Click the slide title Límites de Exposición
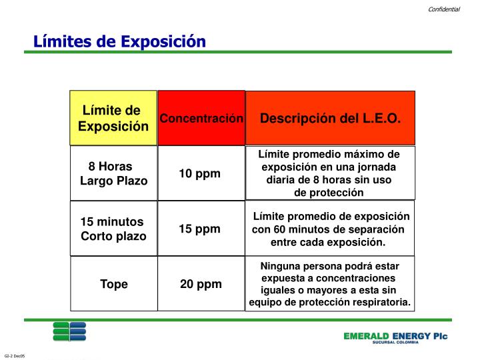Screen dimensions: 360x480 (120, 41)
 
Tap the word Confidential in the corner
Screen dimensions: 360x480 (444, 9)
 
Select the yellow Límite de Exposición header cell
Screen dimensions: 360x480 (113, 118)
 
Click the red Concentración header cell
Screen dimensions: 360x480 (201, 119)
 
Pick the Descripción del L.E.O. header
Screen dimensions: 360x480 (331, 119)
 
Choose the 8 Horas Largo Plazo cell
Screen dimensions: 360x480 (113, 173)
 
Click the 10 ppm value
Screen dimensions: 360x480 (199, 174)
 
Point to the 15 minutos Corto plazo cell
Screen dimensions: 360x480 (113, 229)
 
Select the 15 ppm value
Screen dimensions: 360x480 (199, 229)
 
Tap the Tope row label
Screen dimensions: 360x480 (114, 284)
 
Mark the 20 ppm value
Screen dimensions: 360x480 (201, 284)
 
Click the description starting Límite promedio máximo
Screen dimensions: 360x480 (330, 173)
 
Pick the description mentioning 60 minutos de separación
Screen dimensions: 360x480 (330, 229)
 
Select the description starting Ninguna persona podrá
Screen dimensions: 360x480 (330, 284)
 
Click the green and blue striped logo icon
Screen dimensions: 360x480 (69, 331)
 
